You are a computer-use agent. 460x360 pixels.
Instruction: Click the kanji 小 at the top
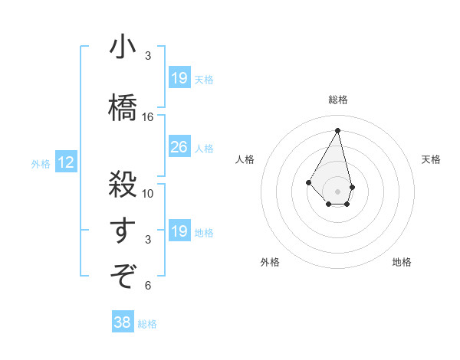pos(123,48)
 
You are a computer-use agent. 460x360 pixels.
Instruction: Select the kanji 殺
pos(123,185)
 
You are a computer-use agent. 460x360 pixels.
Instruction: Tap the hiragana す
pos(123,231)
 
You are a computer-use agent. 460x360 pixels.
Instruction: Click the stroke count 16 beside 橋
pos(148,117)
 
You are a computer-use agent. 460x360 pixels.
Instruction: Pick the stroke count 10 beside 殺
pos(148,193)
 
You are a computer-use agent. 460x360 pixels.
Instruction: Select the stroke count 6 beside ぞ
pos(148,286)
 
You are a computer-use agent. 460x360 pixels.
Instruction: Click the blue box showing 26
pos(179,147)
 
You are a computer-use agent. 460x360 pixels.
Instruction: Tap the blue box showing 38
pos(122,322)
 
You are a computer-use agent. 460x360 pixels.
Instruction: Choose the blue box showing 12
pos(65,162)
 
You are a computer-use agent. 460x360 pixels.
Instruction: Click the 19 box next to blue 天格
pos(179,78)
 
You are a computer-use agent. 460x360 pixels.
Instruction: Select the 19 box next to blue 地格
pos(179,231)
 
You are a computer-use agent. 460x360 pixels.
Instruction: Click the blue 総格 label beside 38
pos(147,324)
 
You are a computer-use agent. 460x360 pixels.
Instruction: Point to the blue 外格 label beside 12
pos(41,163)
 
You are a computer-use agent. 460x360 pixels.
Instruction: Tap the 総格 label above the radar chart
pos(337,100)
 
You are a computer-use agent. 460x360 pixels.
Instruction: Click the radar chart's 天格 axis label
pos(431,159)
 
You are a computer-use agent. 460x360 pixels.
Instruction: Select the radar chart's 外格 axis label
pos(270,262)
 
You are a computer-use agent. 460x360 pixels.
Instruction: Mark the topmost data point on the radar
pos(337,129)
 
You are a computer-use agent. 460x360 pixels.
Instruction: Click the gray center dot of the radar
pos(337,191)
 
